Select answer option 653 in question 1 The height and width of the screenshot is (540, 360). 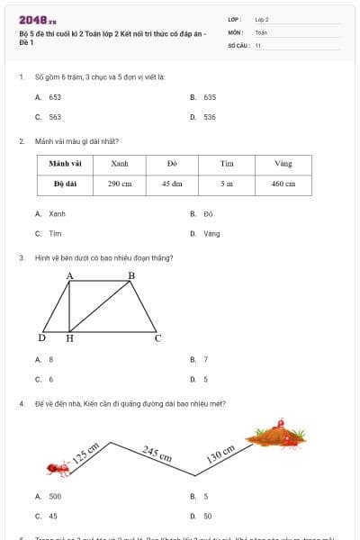(55, 96)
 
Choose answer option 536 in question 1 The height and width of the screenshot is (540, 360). (209, 117)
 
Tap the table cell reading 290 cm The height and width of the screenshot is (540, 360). (120, 183)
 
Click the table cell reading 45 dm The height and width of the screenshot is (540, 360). (172, 183)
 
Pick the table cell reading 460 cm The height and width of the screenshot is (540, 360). (283, 183)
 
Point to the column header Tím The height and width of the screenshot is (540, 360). (227, 164)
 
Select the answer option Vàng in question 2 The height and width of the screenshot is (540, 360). (211, 233)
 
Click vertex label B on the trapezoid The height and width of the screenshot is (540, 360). (130, 274)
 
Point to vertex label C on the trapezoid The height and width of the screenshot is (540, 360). (157, 338)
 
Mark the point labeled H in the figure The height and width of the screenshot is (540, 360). (70, 339)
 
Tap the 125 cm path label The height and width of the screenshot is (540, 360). (85, 452)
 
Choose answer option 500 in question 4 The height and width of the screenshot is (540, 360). (55, 496)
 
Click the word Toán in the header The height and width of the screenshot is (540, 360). (262, 31)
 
